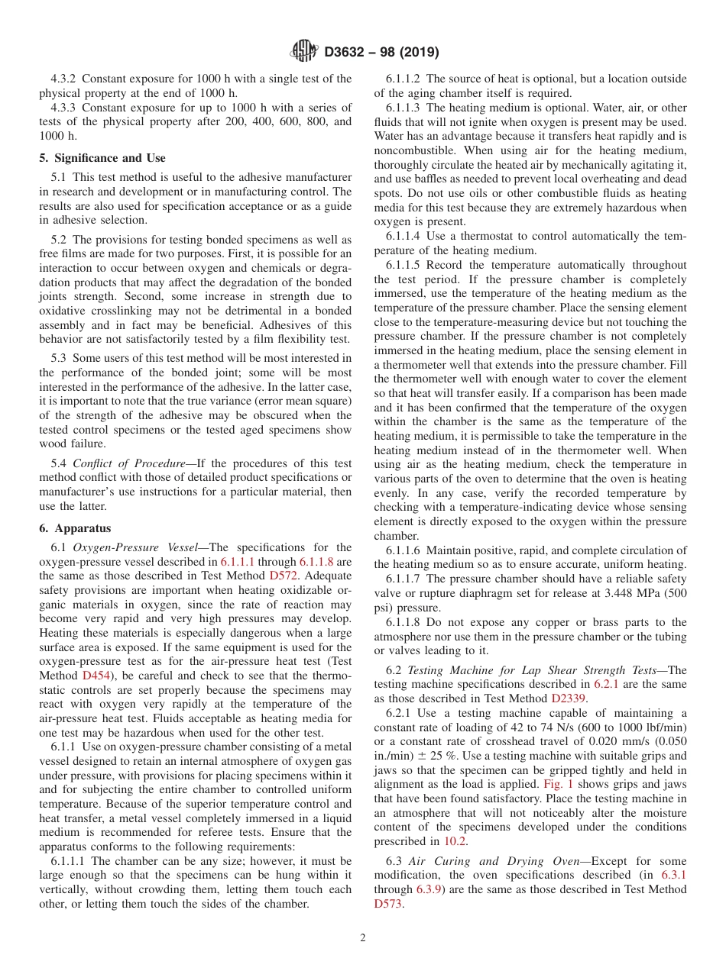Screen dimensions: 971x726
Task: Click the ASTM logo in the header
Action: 304,52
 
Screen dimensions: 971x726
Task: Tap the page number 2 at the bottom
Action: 363,938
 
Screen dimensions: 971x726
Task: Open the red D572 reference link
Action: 283,576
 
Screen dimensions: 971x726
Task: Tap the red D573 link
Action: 388,904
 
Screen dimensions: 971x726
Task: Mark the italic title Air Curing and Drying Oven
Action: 471,861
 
